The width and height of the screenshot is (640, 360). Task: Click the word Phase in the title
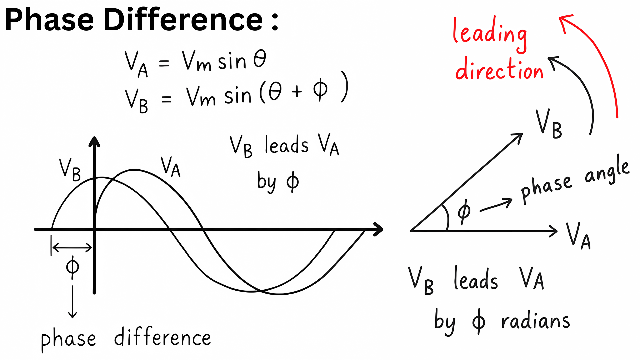coord(49,20)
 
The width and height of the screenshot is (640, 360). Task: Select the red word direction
coord(499,69)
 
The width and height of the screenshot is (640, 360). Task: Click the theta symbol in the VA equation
coord(260,59)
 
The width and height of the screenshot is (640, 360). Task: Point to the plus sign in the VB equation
coord(296,91)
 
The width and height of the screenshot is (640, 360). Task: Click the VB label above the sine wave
coord(70,170)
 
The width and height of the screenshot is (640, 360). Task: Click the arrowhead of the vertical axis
coord(94,141)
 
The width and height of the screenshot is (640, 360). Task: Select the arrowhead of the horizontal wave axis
coord(378,229)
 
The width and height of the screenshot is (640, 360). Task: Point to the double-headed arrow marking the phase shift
coord(72,248)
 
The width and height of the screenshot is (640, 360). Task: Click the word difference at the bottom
coord(163,337)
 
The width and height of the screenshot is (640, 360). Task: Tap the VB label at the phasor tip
coord(549,124)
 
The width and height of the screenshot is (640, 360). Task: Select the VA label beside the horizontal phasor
coord(578,236)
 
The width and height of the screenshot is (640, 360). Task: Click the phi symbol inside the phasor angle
coord(464,212)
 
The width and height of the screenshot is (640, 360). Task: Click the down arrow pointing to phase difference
coord(72,302)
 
